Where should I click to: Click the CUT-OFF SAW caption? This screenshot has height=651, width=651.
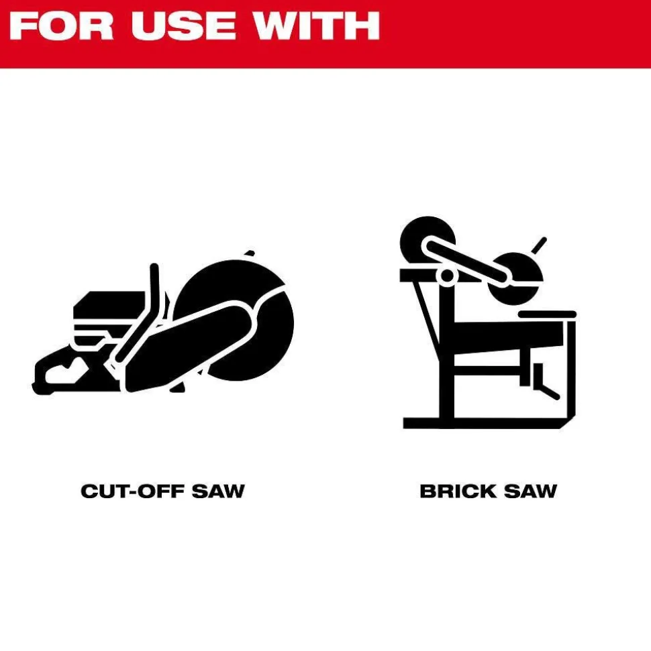pyautogui.click(x=162, y=491)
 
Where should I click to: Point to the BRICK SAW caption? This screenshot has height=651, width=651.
pyautogui.click(x=488, y=491)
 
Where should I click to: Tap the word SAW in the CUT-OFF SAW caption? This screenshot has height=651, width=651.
pyautogui.click(x=218, y=491)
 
